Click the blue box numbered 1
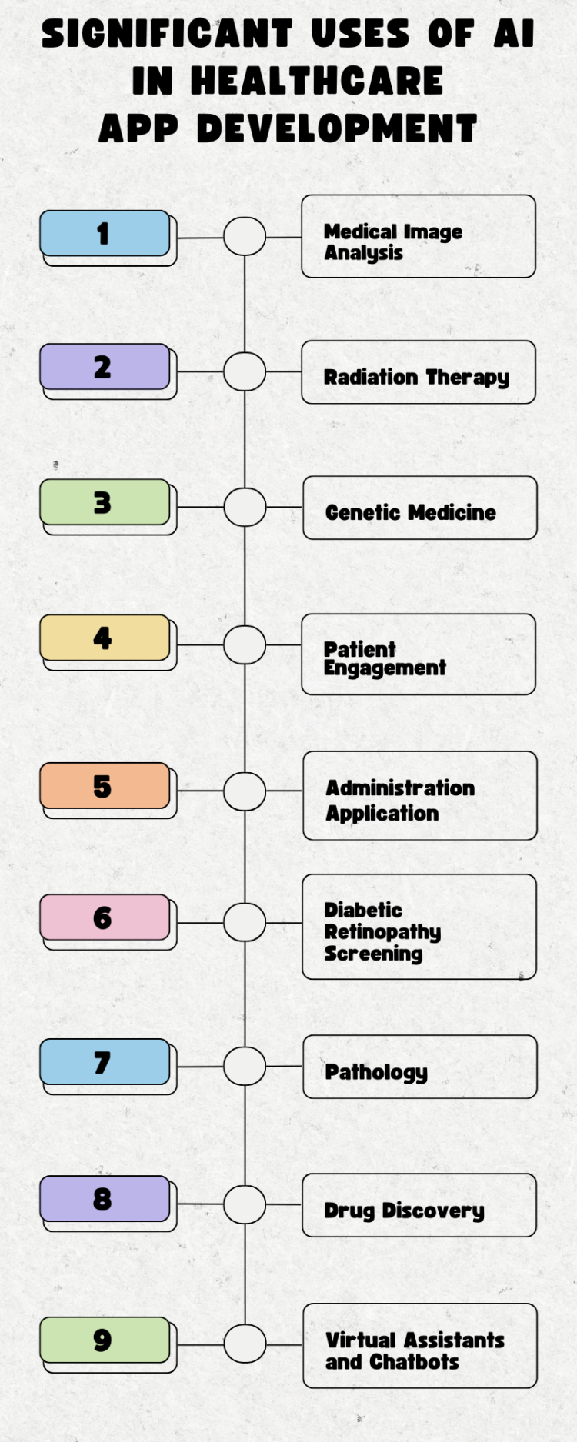[105, 233]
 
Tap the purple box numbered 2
[105, 367]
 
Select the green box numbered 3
[105, 502]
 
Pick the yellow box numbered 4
[105, 638]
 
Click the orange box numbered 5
[105, 786]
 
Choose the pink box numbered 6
[105, 917]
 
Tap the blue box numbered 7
[105, 1062]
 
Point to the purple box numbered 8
[105, 1199]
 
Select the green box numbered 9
[105, 1340]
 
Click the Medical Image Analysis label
[392, 241]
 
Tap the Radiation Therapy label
[416, 377]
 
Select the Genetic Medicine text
[411, 512]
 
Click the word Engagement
[385, 668]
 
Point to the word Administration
[400, 788]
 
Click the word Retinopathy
[382, 932]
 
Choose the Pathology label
[376, 1072]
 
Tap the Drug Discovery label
[404, 1211]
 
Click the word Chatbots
[414, 1362]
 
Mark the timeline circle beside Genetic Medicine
[245, 508]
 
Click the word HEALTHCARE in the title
[317, 81]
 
